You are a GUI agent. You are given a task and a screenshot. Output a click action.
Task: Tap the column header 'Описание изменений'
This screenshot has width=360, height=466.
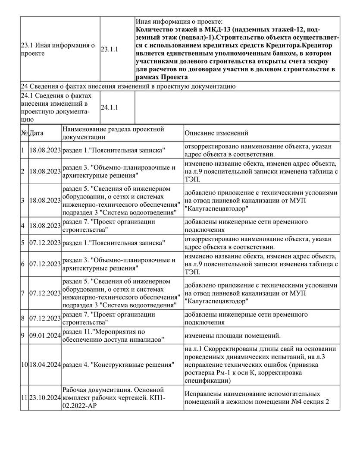point(216,133)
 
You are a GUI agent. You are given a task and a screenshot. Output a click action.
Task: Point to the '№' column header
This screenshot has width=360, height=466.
point(24,133)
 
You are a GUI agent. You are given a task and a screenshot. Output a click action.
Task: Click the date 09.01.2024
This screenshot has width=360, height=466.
point(45,335)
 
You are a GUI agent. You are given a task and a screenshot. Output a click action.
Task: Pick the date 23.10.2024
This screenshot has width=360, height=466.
point(45,398)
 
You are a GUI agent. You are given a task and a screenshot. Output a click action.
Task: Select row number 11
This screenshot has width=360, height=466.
point(24,398)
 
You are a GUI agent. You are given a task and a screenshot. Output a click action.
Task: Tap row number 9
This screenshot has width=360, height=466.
point(23,335)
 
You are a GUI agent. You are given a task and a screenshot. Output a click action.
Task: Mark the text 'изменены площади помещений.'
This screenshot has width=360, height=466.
point(233,335)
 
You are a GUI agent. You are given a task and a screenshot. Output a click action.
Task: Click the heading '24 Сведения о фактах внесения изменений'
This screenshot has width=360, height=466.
point(128,87)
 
